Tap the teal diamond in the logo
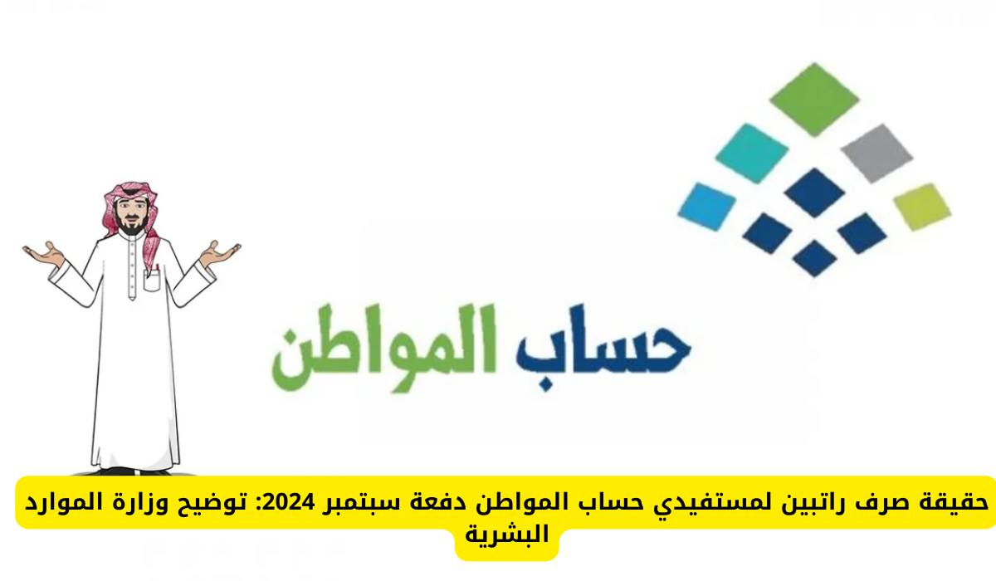coord(750,153)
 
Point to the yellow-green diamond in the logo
coord(922,206)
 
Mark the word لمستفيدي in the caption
coord(764,503)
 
